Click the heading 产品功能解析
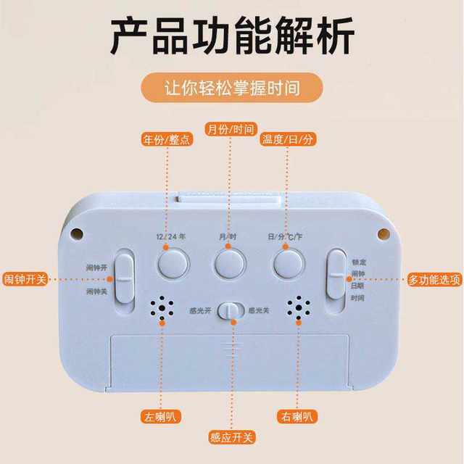pyautogui.click(x=232, y=35)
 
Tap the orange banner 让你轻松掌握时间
pyautogui.click(x=232, y=88)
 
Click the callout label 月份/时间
pyautogui.click(x=231, y=129)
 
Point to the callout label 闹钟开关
pyautogui.click(x=29, y=278)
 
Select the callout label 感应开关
pyautogui.click(x=231, y=438)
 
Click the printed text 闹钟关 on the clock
pyautogui.click(x=96, y=291)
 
